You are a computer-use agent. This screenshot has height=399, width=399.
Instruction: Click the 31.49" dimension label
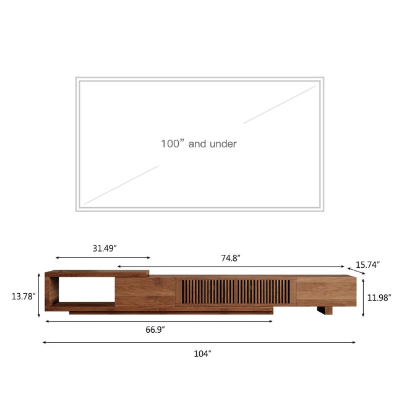pos(105,248)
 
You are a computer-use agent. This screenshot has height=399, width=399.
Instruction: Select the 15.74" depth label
pos(367,264)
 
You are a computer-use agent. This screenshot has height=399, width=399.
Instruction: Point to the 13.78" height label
pos(24,296)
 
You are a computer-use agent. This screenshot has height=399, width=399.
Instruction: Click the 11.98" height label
pos(379,297)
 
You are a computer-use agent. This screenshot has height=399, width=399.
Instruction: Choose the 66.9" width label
pos(155,330)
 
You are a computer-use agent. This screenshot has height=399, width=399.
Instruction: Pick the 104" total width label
pos(202,353)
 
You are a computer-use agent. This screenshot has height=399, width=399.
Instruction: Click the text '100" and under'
pos(199,144)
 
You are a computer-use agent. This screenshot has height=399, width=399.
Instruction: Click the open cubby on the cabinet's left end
pos(84,290)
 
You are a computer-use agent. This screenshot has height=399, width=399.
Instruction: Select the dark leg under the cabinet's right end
pos(324,310)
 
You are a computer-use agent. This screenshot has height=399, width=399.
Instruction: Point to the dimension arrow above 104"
pos(199,342)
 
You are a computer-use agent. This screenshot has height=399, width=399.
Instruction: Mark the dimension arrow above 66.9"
pos(159,321)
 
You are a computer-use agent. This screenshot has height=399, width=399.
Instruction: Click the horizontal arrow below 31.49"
pos(103,257)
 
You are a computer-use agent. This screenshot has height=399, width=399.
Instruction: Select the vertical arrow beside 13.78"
pos(39,297)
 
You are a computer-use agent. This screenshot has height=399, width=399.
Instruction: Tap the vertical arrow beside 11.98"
pos(363,297)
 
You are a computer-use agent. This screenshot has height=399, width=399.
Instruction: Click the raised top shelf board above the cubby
pos(99,273)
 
